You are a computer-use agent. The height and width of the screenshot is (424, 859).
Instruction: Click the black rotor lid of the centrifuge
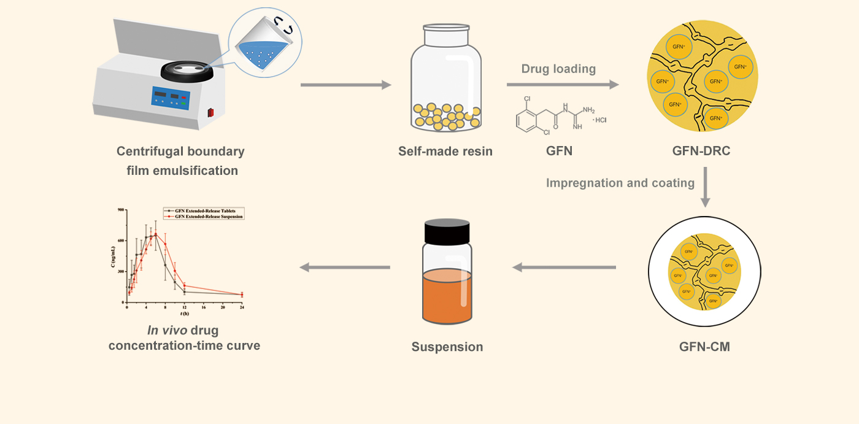point(188,69)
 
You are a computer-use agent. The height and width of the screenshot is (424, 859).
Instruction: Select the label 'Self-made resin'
point(445,151)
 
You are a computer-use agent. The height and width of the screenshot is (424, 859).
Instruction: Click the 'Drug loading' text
point(558,69)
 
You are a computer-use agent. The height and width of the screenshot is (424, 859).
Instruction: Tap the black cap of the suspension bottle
point(447,231)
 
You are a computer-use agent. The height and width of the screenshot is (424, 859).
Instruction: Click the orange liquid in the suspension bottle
point(447,298)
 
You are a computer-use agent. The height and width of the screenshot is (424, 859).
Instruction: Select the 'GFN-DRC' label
point(704,151)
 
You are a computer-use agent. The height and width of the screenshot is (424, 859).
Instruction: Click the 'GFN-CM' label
point(704,347)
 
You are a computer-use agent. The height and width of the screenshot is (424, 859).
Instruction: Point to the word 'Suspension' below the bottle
point(447,347)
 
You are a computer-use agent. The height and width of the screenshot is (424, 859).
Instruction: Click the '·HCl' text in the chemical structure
point(599,120)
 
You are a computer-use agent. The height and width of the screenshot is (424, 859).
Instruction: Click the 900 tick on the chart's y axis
point(120,210)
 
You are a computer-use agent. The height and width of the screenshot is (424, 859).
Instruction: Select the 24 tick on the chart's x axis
point(242,307)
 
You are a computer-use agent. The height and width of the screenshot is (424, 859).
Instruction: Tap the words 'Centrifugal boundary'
point(180,152)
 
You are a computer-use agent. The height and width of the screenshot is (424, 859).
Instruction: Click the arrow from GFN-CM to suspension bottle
point(564,267)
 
